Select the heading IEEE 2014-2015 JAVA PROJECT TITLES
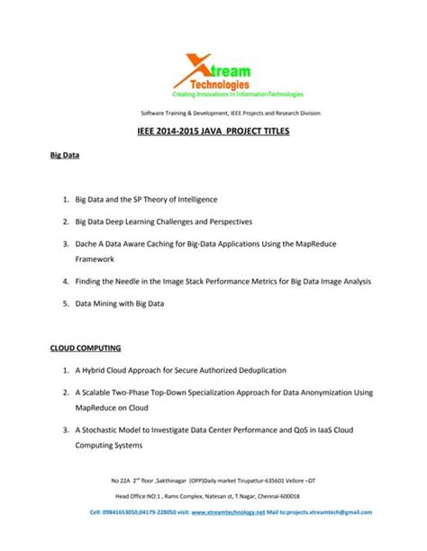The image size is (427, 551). [x=213, y=131]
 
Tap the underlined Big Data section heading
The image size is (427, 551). [x=64, y=156]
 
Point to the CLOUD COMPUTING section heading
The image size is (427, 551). [x=86, y=347]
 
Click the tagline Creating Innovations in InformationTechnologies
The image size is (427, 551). [x=239, y=94]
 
